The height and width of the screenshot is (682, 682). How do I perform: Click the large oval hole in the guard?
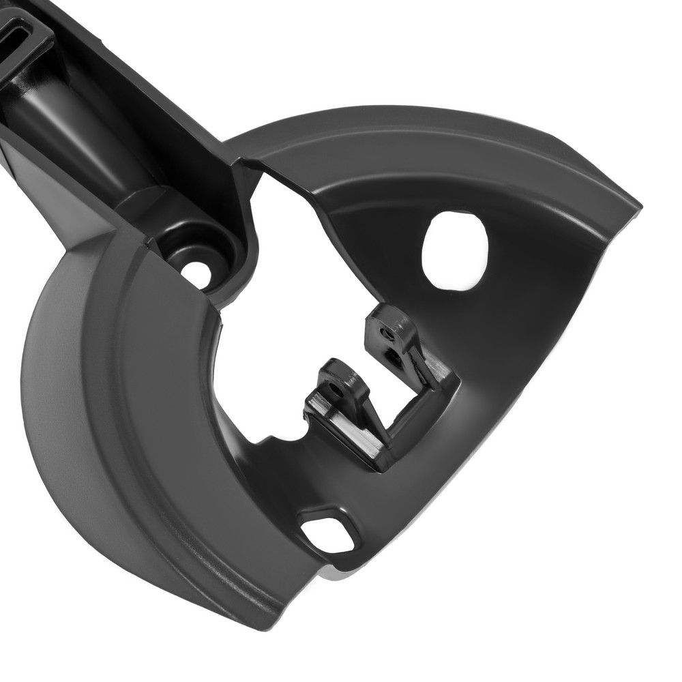(x=454, y=250)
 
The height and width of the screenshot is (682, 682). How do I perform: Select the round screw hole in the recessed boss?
(x=196, y=274)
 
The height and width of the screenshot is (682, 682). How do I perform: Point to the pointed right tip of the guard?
(x=638, y=205)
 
